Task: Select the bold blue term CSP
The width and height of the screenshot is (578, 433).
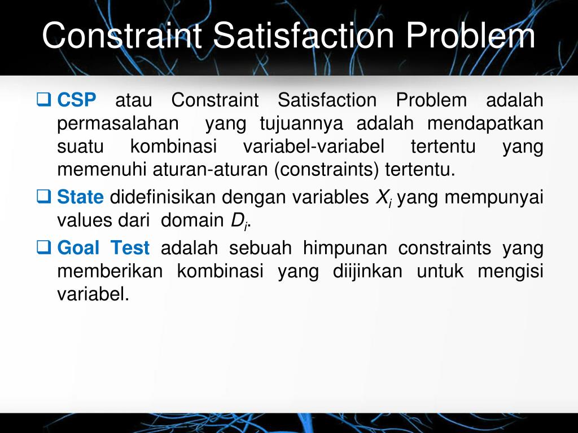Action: point(77,101)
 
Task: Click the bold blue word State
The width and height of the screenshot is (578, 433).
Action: point(81,197)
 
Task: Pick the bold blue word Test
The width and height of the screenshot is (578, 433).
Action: point(130,248)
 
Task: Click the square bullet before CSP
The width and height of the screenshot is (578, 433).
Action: point(43,101)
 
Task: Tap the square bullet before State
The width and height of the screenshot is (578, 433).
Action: point(43,197)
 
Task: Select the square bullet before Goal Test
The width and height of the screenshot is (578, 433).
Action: point(43,248)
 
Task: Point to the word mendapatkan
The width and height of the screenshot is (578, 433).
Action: point(485,123)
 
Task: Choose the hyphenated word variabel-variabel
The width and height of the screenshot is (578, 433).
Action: point(314,147)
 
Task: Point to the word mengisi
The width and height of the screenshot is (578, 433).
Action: point(510,271)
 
